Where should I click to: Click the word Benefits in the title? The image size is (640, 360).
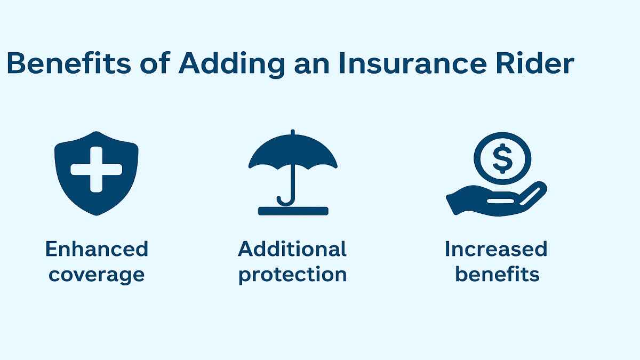(68, 63)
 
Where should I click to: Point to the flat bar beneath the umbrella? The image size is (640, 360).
(292, 211)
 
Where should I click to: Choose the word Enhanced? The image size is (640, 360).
(97, 249)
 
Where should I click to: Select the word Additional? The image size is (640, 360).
(292, 249)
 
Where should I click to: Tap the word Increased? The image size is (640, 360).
(496, 249)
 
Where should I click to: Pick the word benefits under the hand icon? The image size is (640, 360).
(497, 274)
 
